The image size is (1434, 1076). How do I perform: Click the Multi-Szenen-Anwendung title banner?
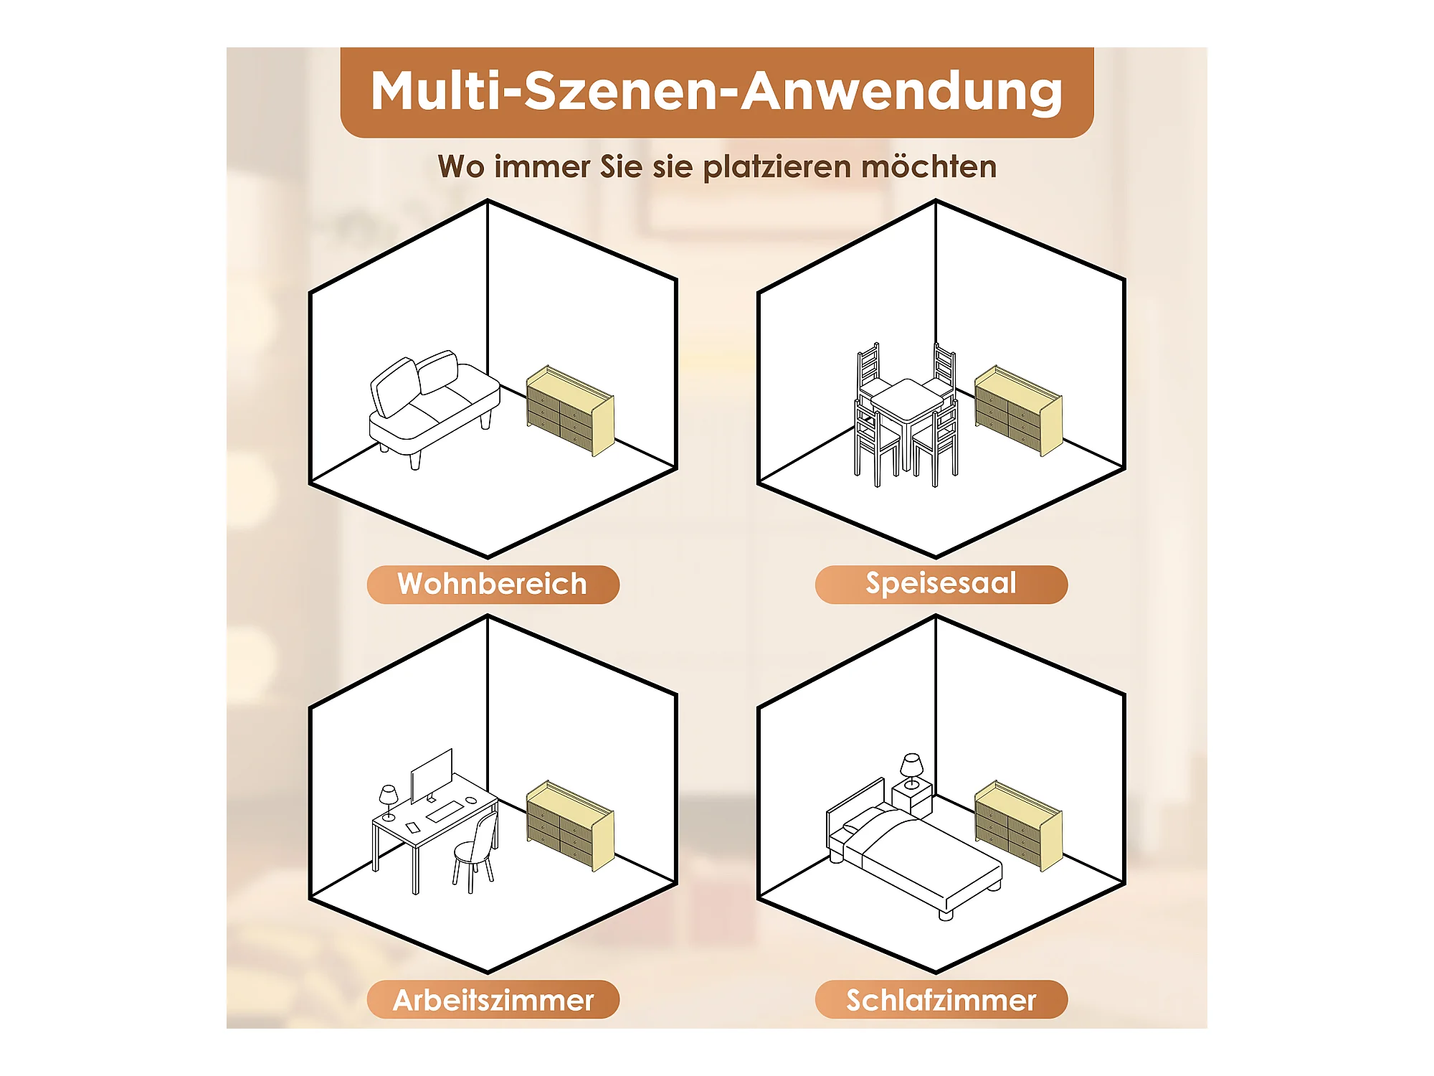point(717,92)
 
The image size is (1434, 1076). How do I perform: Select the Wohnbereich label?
point(493,584)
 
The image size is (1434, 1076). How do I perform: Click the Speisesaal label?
point(941,584)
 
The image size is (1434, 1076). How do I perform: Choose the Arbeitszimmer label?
point(493,999)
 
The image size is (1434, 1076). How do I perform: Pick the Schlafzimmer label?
point(941,999)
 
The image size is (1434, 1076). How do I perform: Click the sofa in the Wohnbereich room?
point(434,409)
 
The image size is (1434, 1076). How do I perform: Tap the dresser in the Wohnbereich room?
point(571,411)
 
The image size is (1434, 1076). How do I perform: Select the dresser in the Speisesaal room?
point(1019,411)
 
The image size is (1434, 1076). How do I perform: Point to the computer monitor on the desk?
point(432,775)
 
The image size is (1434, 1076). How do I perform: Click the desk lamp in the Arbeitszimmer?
point(389,802)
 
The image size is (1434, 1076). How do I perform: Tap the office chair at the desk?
point(475,854)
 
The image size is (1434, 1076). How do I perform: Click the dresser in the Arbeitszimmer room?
point(571,826)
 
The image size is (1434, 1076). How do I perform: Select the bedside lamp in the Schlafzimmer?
point(911,771)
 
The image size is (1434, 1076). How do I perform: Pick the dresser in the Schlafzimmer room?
point(1019,826)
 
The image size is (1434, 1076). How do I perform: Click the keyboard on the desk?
point(445,811)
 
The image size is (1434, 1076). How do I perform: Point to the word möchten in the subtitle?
point(929,166)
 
